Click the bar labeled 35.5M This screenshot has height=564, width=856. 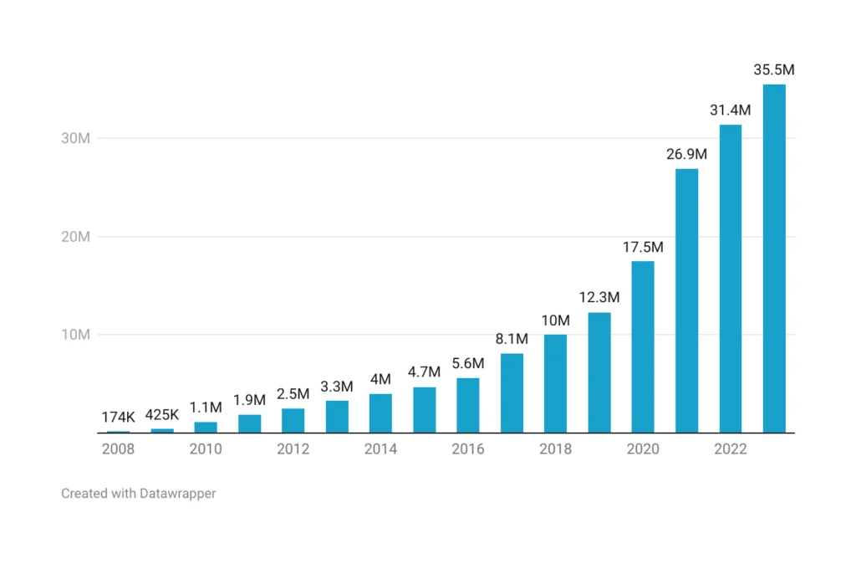point(773,259)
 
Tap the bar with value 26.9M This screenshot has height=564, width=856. point(686,301)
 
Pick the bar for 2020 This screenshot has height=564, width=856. point(643,347)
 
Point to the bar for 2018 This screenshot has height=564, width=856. point(555,384)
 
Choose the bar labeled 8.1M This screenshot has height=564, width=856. point(512,393)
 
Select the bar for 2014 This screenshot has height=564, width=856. point(380,413)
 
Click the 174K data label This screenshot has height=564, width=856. point(119,417)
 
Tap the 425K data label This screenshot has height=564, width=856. point(162,414)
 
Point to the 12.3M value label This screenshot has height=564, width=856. point(599,297)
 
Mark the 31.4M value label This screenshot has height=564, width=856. point(730,110)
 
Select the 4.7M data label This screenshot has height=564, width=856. point(424,372)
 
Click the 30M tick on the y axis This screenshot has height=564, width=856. point(75,138)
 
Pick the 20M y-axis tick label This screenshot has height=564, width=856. point(75,237)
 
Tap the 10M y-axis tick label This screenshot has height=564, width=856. point(75,335)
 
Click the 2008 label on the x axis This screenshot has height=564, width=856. point(119,449)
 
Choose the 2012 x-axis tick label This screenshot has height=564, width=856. point(293,449)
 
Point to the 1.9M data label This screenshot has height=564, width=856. point(249,399)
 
